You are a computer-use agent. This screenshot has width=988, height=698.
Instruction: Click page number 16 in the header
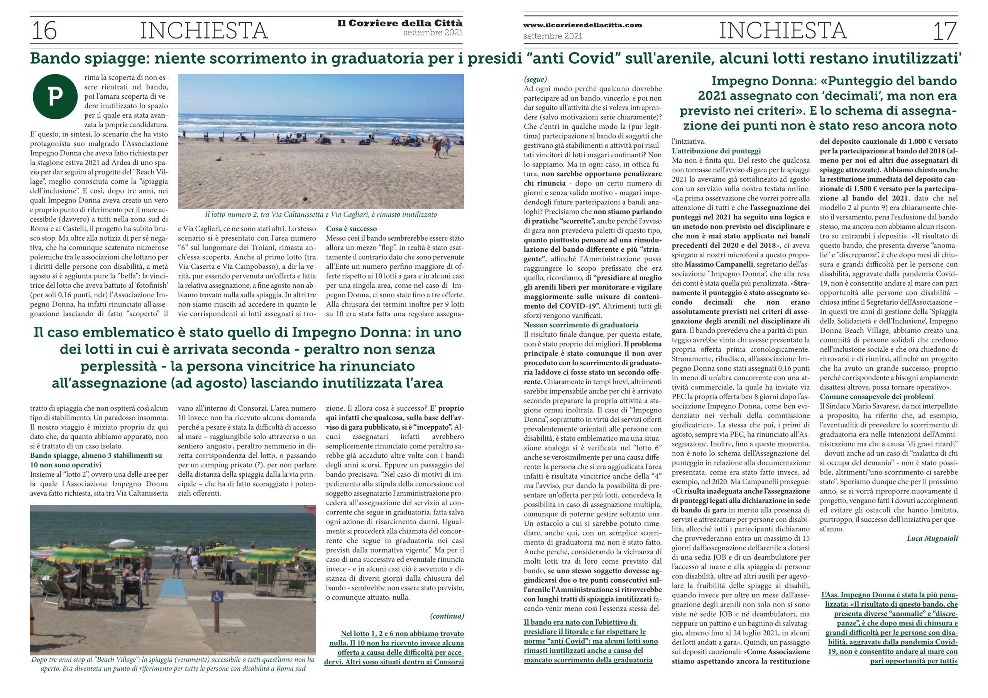(x=44, y=30)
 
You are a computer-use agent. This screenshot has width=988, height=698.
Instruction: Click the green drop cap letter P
(x=55, y=97)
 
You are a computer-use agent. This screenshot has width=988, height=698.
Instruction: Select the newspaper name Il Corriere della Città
(x=400, y=23)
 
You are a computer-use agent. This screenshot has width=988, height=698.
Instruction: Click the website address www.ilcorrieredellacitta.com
(x=582, y=25)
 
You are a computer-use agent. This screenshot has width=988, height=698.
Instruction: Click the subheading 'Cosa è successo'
(x=351, y=229)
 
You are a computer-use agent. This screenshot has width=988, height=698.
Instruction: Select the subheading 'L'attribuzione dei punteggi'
(x=716, y=150)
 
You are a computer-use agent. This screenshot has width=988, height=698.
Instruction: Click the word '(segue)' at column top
(x=535, y=79)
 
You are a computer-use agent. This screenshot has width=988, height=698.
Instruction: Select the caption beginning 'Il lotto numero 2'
(x=321, y=214)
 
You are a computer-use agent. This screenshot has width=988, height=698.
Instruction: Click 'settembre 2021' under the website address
(x=553, y=37)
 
